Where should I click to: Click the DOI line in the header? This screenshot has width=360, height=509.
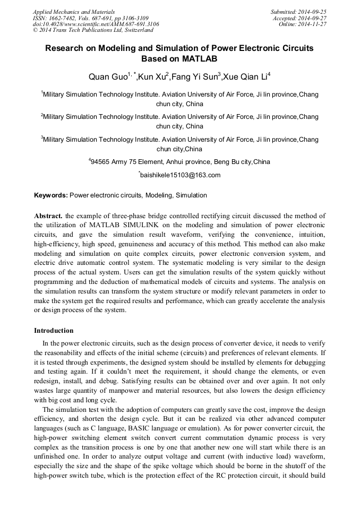96,24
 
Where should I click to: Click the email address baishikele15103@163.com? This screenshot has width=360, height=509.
180,175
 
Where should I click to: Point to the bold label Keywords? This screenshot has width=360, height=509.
51,195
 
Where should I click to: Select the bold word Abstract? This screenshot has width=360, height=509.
48,216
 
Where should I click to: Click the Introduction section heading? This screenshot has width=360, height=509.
54,331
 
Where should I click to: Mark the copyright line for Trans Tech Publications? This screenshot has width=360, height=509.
86,30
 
